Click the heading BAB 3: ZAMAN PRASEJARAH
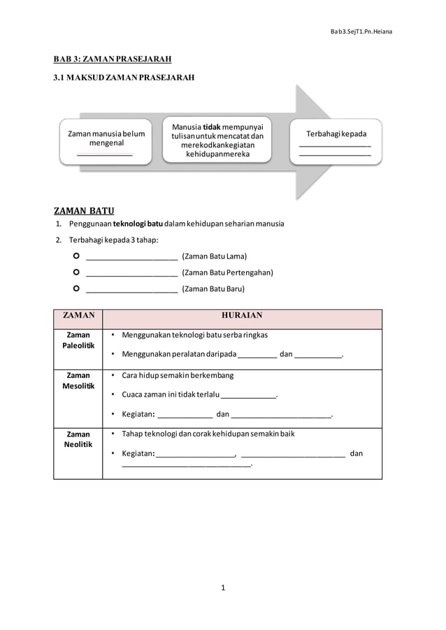tap(113, 59)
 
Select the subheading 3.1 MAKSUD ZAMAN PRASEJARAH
tap(124, 78)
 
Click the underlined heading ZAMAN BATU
tap(84, 211)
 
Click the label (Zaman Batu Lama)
tap(214, 256)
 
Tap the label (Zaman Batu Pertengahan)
tap(227, 272)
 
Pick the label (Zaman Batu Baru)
tap(213, 288)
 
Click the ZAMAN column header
tap(78, 316)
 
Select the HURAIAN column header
tap(242, 316)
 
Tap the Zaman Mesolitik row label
tap(78, 381)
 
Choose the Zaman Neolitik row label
tap(78, 439)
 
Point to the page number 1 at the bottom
tap(223, 588)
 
